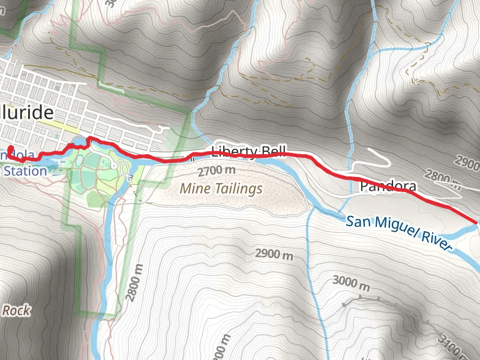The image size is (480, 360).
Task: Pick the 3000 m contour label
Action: [352, 281]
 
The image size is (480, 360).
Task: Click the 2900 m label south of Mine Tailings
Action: [274, 254]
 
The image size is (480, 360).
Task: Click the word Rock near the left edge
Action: [16, 310]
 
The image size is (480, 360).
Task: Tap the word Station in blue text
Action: [24, 171]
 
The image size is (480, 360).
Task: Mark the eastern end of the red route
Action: [477, 222]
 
